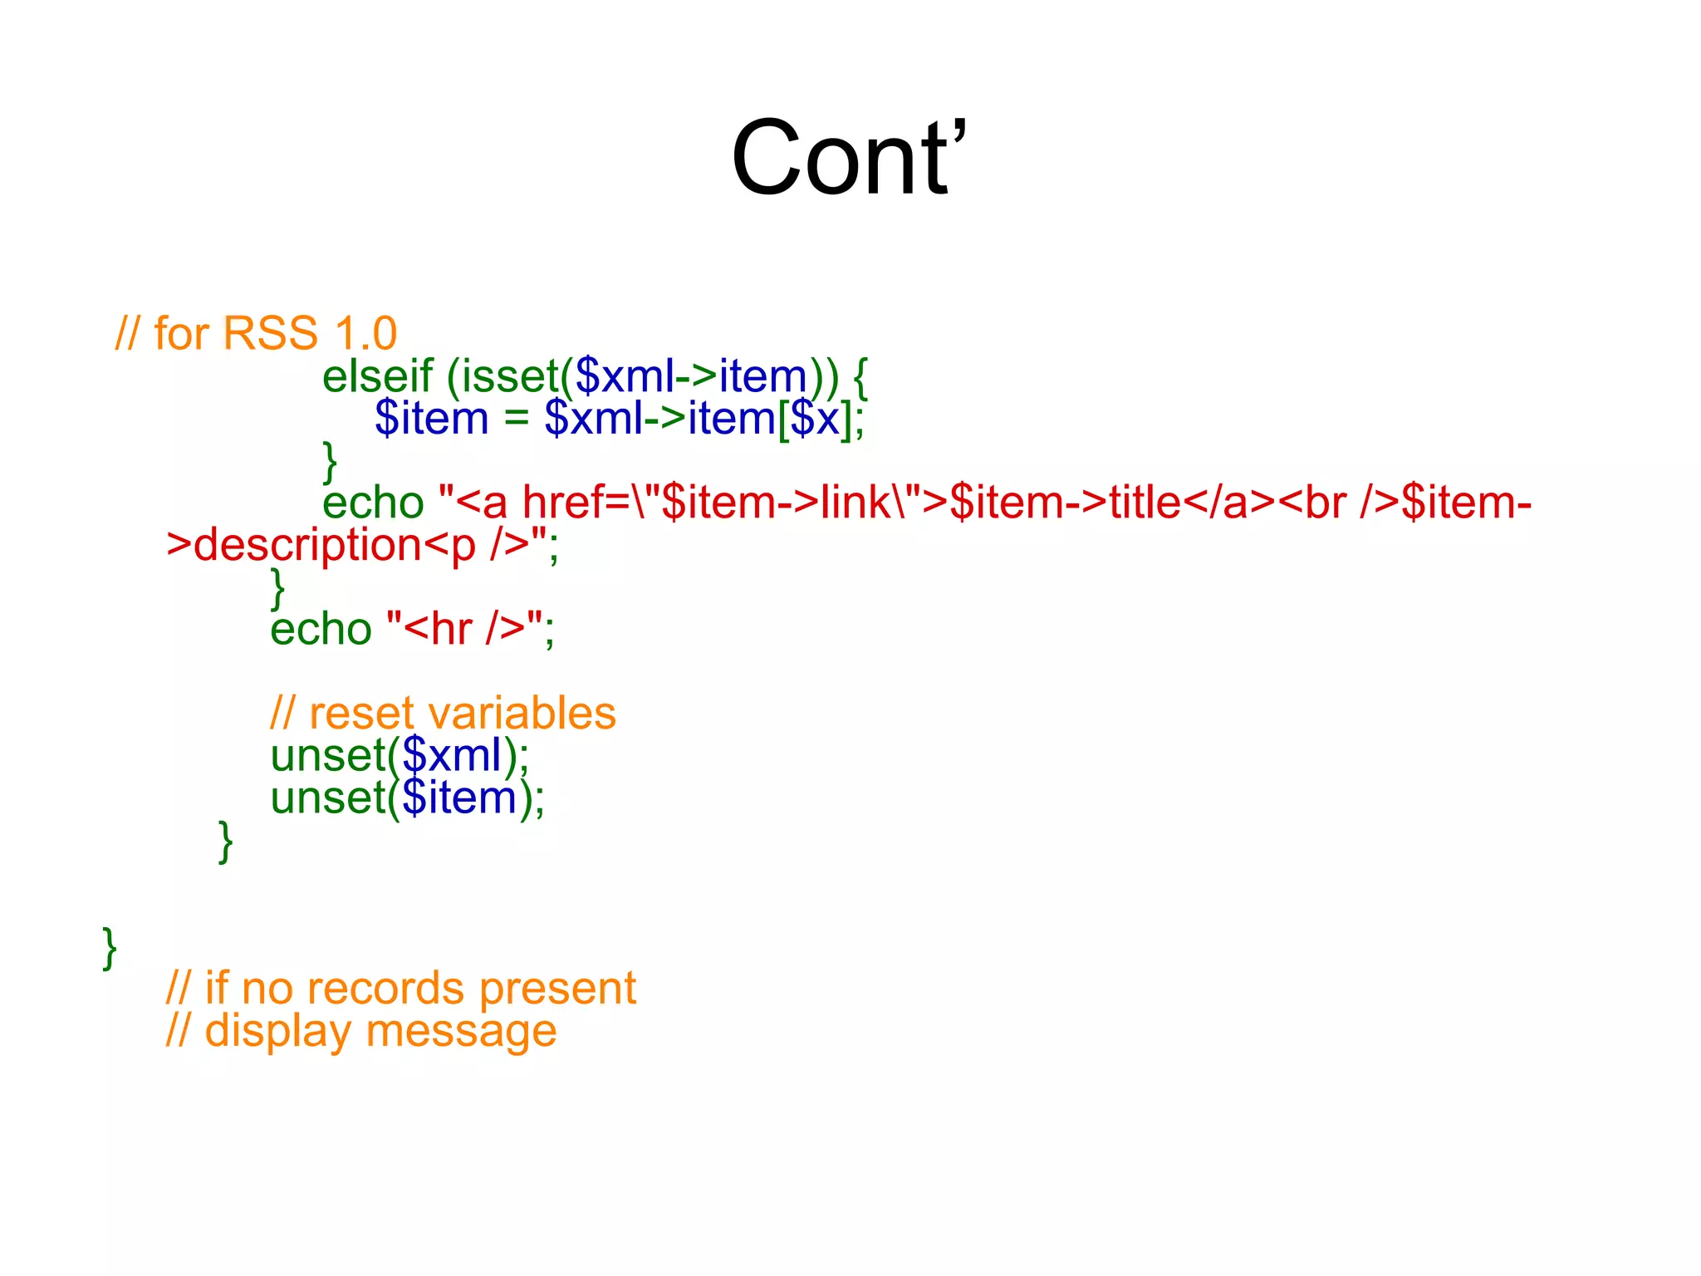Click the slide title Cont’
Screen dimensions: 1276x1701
tap(849, 158)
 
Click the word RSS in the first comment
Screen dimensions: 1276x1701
tap(271, 334)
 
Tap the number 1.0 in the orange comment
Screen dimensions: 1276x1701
tap(365, 334)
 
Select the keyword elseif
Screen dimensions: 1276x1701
tap(377, 376)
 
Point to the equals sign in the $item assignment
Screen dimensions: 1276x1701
tap(516, 418)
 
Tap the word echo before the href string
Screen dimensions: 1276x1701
tap(373, 503)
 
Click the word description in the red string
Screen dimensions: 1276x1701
tap(308, 546)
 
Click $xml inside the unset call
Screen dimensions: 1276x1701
tap(452, 756)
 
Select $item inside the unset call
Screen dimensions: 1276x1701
tap(459, 798)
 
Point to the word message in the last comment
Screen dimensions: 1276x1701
tap(461, 1032)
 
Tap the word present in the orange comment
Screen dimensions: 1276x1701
tap(557, 989)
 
